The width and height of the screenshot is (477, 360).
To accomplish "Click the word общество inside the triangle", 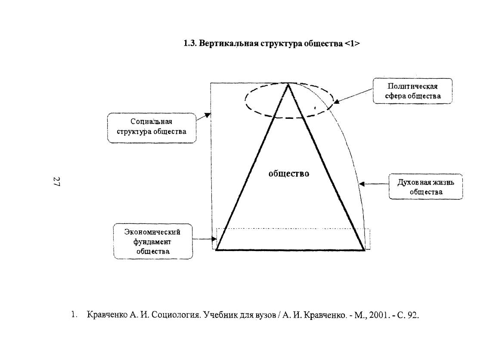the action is tap(289, 174).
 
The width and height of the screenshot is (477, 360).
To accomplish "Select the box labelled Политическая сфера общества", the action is tap(412, 91).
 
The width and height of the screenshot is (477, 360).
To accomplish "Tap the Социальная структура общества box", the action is tap(152, 128).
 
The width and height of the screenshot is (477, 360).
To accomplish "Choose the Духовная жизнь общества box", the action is tap(426, 187).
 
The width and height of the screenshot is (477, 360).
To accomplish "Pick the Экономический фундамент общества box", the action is tap(153, 241).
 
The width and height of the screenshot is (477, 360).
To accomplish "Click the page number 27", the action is tap(56, 181).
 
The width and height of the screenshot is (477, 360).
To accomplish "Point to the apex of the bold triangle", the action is tap(288, 84).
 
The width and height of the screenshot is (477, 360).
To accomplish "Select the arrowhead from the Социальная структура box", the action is tap(208, 115).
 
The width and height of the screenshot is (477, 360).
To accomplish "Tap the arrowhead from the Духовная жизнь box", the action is tap(362, 184).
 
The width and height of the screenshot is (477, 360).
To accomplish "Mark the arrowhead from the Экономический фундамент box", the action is tap(214, 239).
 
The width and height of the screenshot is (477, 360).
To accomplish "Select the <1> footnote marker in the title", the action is tap(352, 43).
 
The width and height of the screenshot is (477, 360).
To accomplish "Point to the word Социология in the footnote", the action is tap(176, 315).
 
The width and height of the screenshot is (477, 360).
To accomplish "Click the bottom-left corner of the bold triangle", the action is tap(216, 250).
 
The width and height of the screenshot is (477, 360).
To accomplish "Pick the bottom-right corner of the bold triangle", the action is tap(365, 250).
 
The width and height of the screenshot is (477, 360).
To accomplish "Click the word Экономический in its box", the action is tap(152, 232).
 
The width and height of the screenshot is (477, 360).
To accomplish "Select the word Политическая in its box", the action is tap(412, 87).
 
